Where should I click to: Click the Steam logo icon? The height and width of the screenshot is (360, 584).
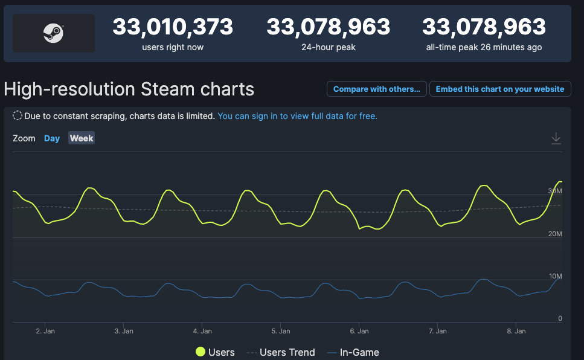pyautogui.click(x=53, y=33)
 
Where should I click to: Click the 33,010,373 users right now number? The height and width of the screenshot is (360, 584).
pyautogui.click(x=173, y=27)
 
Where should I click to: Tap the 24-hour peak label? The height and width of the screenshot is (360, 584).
pyautogui.click(x=328, y=47)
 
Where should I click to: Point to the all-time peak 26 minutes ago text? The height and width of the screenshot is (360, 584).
pyautogui.click(x=484, y=47)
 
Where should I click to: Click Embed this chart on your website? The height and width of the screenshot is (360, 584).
pyautogui.click(x=499, y=89)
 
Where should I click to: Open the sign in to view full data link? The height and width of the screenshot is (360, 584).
pyautogui.click(x=297, y=116)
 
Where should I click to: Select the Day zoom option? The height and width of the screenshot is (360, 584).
pyautogui.click(x=52, y=138)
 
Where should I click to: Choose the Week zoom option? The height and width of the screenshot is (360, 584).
pyautogui.click(x=82, y=138)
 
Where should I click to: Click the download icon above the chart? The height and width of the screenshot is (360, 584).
pyautogui.click(x=556, y=139)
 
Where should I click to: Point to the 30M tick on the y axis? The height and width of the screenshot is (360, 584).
pyautogui.click(x=555, y=191)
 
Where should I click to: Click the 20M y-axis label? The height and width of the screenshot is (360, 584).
pyautogui.click(x=555, y=234)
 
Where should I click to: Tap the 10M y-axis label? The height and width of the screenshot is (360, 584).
pyautogui.click(x=555, y=276)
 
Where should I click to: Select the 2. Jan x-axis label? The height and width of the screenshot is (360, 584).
pyautogui.click(x=45, y=331)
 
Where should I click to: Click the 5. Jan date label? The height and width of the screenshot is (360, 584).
pyautogui.click(x=281, y=331)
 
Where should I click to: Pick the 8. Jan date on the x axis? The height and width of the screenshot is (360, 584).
pyautogui.click(x=516, y=331)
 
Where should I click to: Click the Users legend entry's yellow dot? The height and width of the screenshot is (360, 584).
pyautogui.click(x=200, y=352)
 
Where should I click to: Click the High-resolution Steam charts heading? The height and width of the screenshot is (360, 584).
pyautogui.click(x=129, y=89)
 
